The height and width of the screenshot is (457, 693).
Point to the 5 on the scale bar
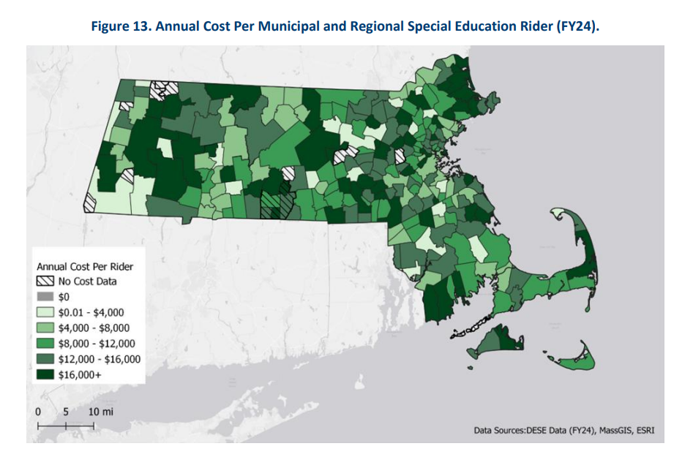pos(67,412)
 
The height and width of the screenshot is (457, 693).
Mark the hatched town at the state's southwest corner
pos(91,203)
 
